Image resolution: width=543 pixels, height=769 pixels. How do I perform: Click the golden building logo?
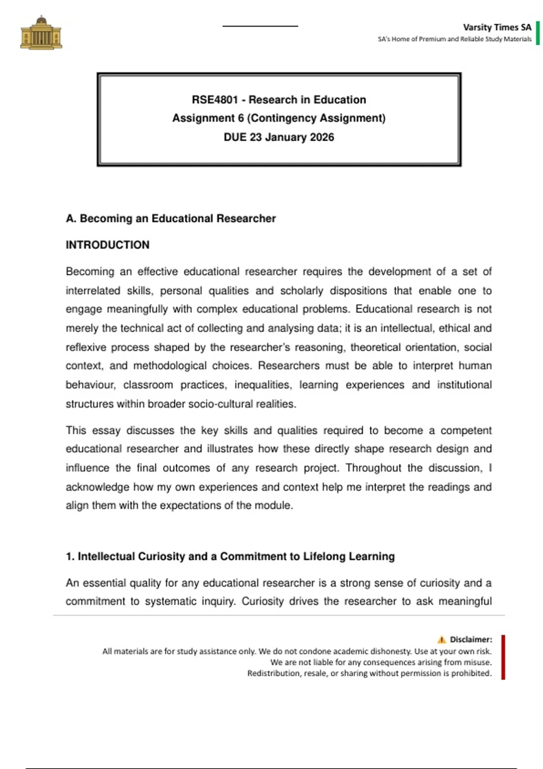41,33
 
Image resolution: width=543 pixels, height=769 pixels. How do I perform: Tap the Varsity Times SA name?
497,27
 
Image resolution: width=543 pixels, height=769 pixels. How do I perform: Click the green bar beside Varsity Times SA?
538,33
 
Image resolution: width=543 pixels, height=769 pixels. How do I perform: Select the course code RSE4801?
214,100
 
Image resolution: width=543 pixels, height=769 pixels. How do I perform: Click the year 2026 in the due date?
322,137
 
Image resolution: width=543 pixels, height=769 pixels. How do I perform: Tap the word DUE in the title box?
235,137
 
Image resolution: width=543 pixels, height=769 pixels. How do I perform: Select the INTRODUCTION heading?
107,245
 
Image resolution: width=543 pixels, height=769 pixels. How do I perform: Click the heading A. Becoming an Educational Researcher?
171,218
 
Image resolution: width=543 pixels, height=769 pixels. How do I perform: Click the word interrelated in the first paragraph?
93,290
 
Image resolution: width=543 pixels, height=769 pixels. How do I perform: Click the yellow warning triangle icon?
442,640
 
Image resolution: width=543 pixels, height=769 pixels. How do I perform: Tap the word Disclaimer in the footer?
471,640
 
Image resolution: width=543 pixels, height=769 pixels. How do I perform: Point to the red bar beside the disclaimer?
503,657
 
